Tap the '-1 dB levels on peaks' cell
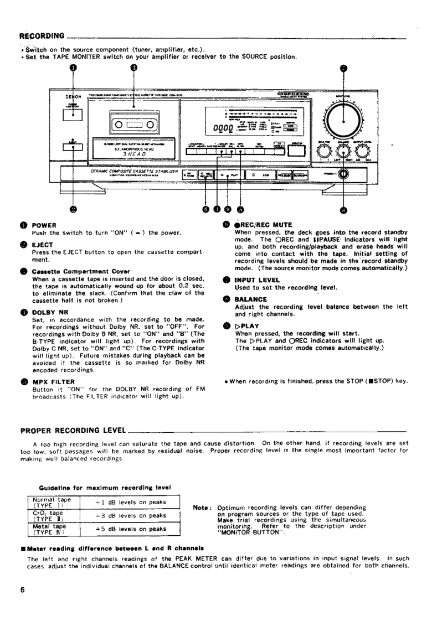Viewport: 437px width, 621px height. (131, 502)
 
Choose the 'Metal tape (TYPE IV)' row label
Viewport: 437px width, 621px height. (49, 529)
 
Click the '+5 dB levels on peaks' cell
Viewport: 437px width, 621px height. (131, 529)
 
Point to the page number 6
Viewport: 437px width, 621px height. (23, 589)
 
